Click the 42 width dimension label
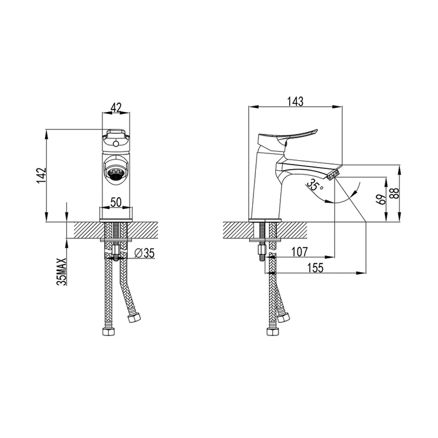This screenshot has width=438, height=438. tap(116, 107)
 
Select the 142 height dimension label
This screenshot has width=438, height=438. tap(41, 175)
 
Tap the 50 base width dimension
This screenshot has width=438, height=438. tap(116, 202)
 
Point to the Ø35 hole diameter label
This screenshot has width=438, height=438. tap(144, 253)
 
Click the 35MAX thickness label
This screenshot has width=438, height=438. tap(62, 272)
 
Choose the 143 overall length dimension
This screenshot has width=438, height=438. tap(295, 101)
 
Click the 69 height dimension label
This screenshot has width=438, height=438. tap(382, 199)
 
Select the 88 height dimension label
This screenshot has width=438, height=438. tap(394, 193)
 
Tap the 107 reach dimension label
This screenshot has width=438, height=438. tap(300, 252)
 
